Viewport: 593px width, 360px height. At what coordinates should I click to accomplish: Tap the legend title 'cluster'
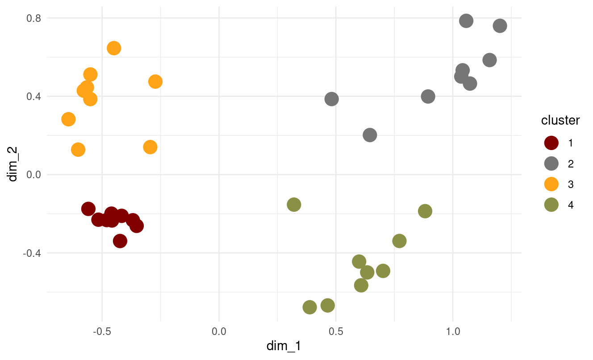pos(560,121)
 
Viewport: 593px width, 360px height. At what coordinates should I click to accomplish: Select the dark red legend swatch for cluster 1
pos(551,143)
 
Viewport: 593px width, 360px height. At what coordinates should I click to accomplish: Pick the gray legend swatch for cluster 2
pos(551,163)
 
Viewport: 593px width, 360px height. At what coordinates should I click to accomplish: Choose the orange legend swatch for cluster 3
pos(551,184)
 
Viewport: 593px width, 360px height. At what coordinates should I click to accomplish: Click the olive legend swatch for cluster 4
pos(551,205)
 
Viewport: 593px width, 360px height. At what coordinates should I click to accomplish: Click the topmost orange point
pos(114,48)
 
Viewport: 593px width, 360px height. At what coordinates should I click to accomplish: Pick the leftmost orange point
pos(68,119)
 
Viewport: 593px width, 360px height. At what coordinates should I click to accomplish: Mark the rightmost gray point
pos(500,26)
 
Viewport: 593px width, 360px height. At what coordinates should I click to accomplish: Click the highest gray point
pos(466,21)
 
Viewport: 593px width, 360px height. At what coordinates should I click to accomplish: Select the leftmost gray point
pos(331,99)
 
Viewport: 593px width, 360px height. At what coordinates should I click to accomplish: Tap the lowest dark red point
pos(120,241)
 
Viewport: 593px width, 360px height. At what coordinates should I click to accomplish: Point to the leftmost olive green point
pos(294,205)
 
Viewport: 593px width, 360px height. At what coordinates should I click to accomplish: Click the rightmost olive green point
pos(425,211)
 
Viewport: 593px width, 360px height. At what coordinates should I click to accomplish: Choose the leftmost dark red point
pos(88,209)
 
